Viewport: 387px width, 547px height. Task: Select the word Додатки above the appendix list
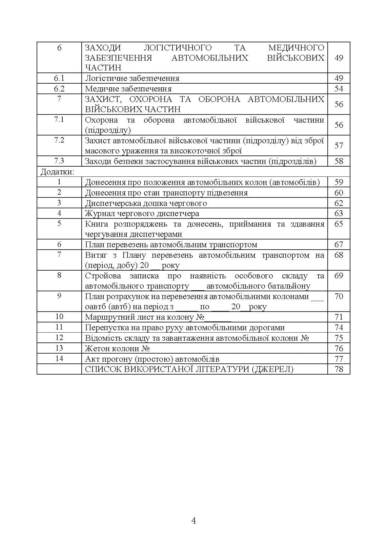coord(57,172)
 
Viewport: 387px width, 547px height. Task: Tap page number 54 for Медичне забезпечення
coord(339,89)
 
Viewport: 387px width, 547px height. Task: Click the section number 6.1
coord(59,78)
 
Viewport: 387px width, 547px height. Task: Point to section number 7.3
coord(59,161)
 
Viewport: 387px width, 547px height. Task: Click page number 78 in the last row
coord(339,369)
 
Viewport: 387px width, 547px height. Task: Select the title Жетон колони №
coord(117,348)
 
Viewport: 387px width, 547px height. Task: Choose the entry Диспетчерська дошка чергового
coord(146,203)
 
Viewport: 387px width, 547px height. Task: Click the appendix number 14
coord(59,358)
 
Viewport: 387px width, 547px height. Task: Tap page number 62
coord(339,203)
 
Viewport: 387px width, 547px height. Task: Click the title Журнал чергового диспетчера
coord(142,213)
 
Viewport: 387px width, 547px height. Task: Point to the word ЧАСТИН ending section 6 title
coord(103,67)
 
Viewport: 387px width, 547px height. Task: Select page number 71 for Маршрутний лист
coord(339,317)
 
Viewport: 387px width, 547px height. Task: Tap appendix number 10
coord(59,317)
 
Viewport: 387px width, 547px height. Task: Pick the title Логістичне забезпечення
coord(132,78)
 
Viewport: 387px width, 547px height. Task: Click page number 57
coord(339,145)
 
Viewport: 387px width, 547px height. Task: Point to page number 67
coord(339,245)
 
